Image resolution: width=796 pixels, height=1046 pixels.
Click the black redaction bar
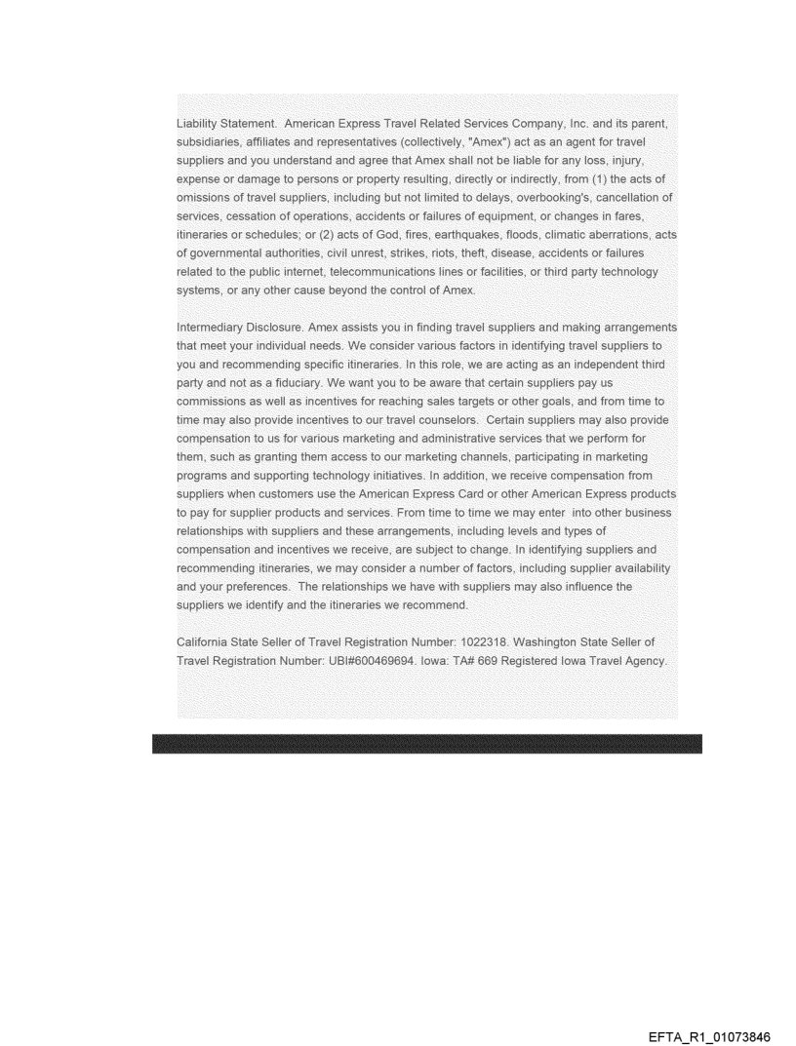tap(426, 744)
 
